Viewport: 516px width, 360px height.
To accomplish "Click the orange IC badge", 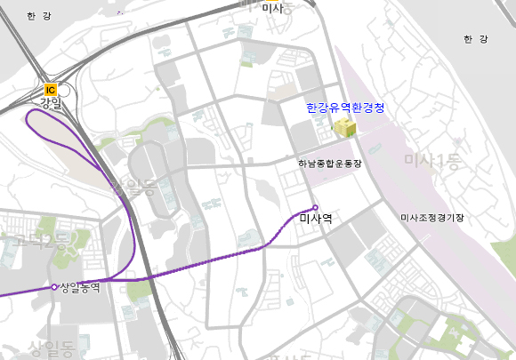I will [x=51, y=89].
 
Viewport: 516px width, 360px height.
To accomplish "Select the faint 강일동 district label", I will [x=132, y=188].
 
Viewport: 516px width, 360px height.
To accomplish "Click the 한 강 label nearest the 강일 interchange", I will [x=38, y=16].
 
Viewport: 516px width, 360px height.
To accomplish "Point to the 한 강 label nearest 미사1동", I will [x=476, y=39].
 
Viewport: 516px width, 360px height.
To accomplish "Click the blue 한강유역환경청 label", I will [x=345, y=108].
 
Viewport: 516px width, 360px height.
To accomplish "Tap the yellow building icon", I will [x=344, y=128].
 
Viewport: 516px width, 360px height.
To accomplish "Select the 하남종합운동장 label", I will [x=330, y=164].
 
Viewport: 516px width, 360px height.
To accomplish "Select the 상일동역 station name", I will [x=80, y=287].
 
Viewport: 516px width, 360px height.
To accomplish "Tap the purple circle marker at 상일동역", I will [x=55, y=286].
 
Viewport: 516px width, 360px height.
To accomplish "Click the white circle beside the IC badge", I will [x=64, y=89].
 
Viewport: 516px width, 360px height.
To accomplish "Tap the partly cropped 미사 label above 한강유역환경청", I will [x=272, y=8].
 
